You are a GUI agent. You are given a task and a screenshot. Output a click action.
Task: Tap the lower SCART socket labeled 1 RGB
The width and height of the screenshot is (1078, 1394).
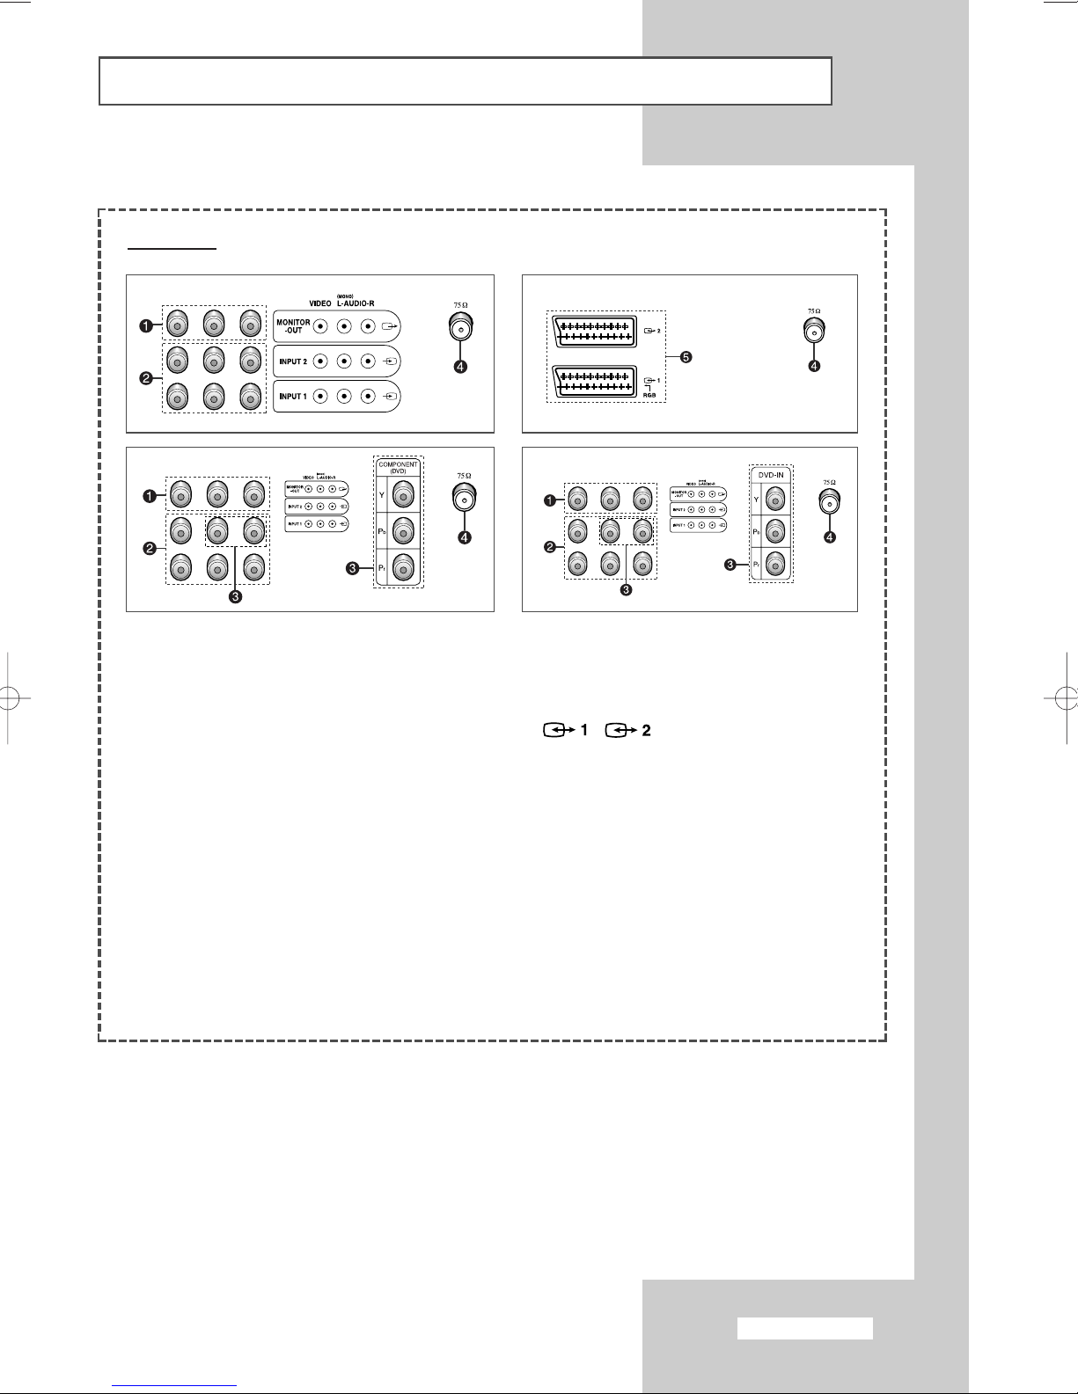[592, 381]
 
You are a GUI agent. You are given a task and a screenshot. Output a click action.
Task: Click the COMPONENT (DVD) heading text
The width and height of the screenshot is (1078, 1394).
[398, 467]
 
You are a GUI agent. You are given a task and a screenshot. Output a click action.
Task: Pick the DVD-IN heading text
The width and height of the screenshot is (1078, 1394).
[771, 474]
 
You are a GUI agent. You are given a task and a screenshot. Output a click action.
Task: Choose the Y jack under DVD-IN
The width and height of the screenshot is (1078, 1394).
[775, 500]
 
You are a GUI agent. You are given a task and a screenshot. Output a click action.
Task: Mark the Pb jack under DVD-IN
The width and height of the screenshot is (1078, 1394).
[775, 531]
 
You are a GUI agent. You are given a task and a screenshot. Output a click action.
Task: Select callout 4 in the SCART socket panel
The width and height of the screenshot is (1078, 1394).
[815, 366]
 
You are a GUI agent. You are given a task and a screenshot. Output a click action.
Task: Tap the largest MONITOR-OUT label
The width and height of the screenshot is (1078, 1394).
[294, 326]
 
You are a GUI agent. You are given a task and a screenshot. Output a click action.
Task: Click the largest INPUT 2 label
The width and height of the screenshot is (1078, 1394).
[293, 361]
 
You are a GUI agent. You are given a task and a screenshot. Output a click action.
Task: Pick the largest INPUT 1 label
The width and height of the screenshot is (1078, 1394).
[293, 397]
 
